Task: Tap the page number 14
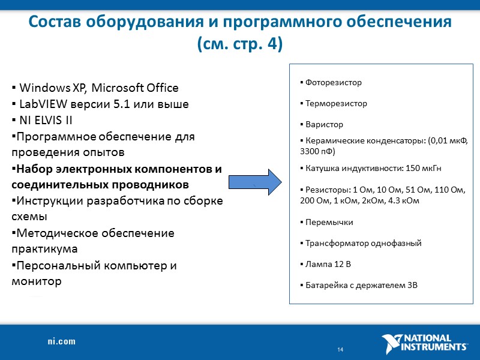point(340,350)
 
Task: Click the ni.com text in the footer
point(62,341)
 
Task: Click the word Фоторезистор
point(334,82)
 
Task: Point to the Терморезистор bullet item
point(335,103)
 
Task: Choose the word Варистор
point(324,124)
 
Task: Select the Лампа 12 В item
point(328,264)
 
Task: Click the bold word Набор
point(35,169)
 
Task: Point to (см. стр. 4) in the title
point(239,44)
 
